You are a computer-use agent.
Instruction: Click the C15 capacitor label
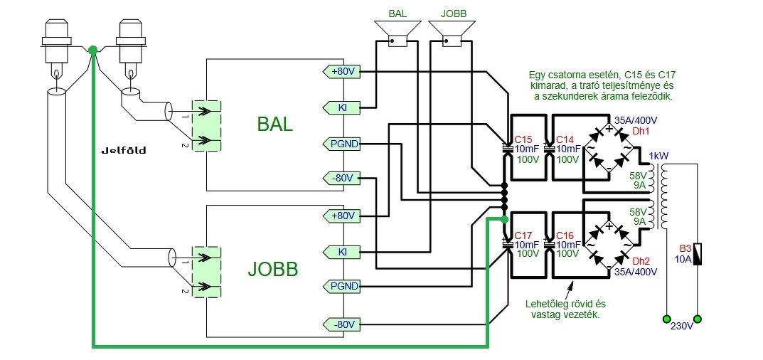(523, 139)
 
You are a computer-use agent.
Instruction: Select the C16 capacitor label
(565, 235)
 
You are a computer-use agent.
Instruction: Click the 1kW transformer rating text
(657, 156)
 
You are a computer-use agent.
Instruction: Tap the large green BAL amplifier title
(274, 125)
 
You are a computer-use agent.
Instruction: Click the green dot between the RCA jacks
(93, 50)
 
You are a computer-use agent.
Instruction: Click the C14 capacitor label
(565, 139)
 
